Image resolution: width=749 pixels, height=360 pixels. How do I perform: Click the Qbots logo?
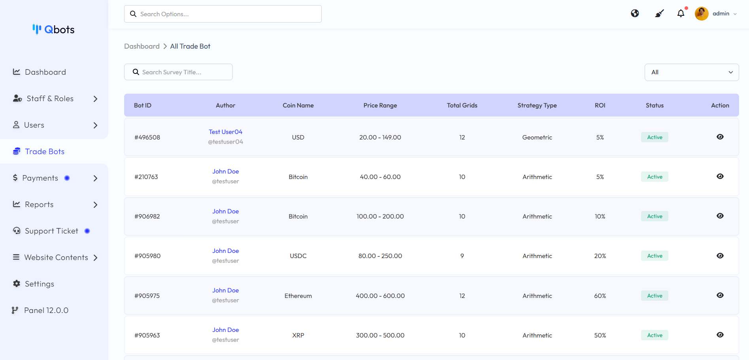(54, 30)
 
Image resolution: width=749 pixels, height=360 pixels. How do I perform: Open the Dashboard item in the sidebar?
(45, 72)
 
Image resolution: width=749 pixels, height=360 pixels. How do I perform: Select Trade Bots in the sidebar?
(44, 151)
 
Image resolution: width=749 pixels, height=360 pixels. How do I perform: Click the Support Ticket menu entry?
(51, 231)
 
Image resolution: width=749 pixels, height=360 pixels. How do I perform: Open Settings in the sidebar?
(39, 284)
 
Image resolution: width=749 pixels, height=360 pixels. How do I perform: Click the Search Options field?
(223, 14)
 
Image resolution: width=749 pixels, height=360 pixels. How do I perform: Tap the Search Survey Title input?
(179, 72)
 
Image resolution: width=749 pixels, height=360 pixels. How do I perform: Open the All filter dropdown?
(691, 72)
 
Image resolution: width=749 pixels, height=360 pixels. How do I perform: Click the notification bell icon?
(681, 13)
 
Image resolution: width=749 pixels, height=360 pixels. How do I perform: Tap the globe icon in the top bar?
(635, 13)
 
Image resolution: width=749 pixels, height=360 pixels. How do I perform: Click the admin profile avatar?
(702, 13)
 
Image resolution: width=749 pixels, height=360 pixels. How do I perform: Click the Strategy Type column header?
(537, 106)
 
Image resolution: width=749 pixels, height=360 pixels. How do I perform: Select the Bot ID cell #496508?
(147, 138)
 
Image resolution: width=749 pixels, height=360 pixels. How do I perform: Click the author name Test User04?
(225, 132)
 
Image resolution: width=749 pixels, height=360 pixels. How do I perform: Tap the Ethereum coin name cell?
(298, 296)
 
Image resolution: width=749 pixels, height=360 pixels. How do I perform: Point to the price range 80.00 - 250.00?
(380, 256)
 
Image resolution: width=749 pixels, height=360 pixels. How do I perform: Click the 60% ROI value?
(600, 296)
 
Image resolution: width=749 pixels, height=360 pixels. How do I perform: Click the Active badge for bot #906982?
(655, 217)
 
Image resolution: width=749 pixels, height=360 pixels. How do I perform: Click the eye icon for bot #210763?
(720, 176)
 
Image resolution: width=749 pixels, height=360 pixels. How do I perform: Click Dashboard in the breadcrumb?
(142, 46)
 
